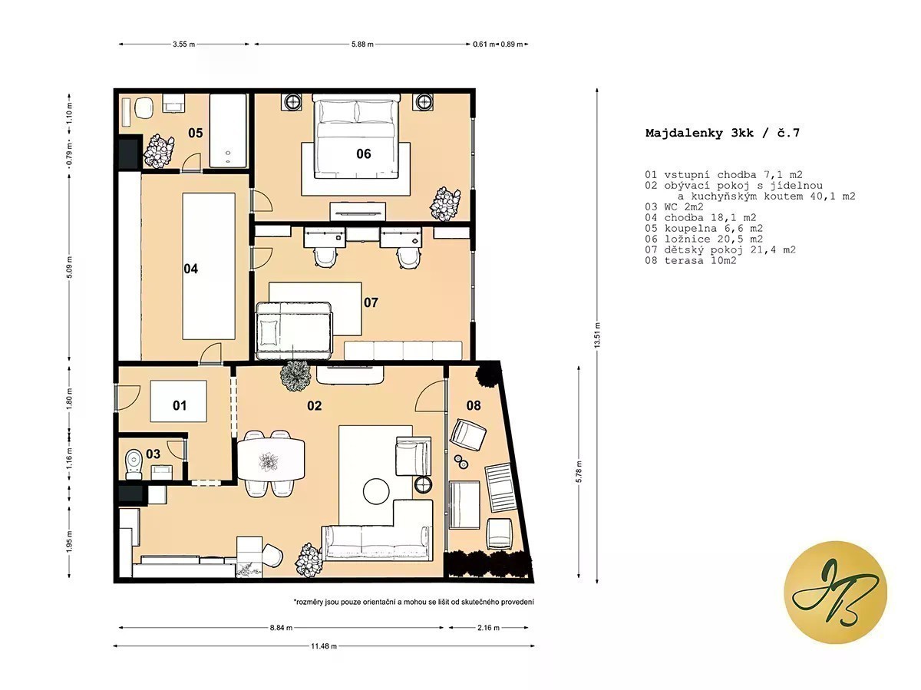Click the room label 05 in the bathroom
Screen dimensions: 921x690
pyautogui.click(x=195, y=133)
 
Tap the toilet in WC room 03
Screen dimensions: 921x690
pyautogui.click(x=134, y=464)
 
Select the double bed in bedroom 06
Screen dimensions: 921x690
pyautogui.click(x=356, y=137)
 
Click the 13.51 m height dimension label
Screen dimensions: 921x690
pyautogui.click(x=597, y=335)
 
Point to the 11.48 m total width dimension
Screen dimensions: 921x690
pyautogui.click(x=324, y=646)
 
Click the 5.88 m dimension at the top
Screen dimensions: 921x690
pyautogui.click(x=362, y=44)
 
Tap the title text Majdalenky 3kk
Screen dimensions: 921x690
pyautogui.click(x=699, y=133)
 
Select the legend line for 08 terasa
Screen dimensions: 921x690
pyautogui.click(x=691, y=260)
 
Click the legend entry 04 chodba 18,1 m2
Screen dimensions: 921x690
pyautogui.click(x=701, y=218)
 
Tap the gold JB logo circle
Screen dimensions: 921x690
pyautogui.click(x=835, y=592)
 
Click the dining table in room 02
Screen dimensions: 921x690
pyautogui.click(x=271, y=459)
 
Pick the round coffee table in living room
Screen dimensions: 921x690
pyautogui.click(x=376, y=491)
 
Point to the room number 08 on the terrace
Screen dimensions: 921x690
pyautogui.click(x=474, y=405)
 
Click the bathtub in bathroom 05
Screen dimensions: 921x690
pyautogui.click(x=227, y=131)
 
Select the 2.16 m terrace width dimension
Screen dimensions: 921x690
pyautogui.click(x=488, y=628)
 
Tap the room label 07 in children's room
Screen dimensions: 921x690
pyautogui.click(x=371, y=302)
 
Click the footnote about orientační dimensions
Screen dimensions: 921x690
pyautogui.click(x=414, y=602)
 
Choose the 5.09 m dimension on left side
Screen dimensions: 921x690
pyautogui.click(x=70, y=267)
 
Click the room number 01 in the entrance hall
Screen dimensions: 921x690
pyautogui.click(x=180, y=405)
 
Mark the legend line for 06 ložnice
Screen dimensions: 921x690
pyautogui.click(x=704, y=239)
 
